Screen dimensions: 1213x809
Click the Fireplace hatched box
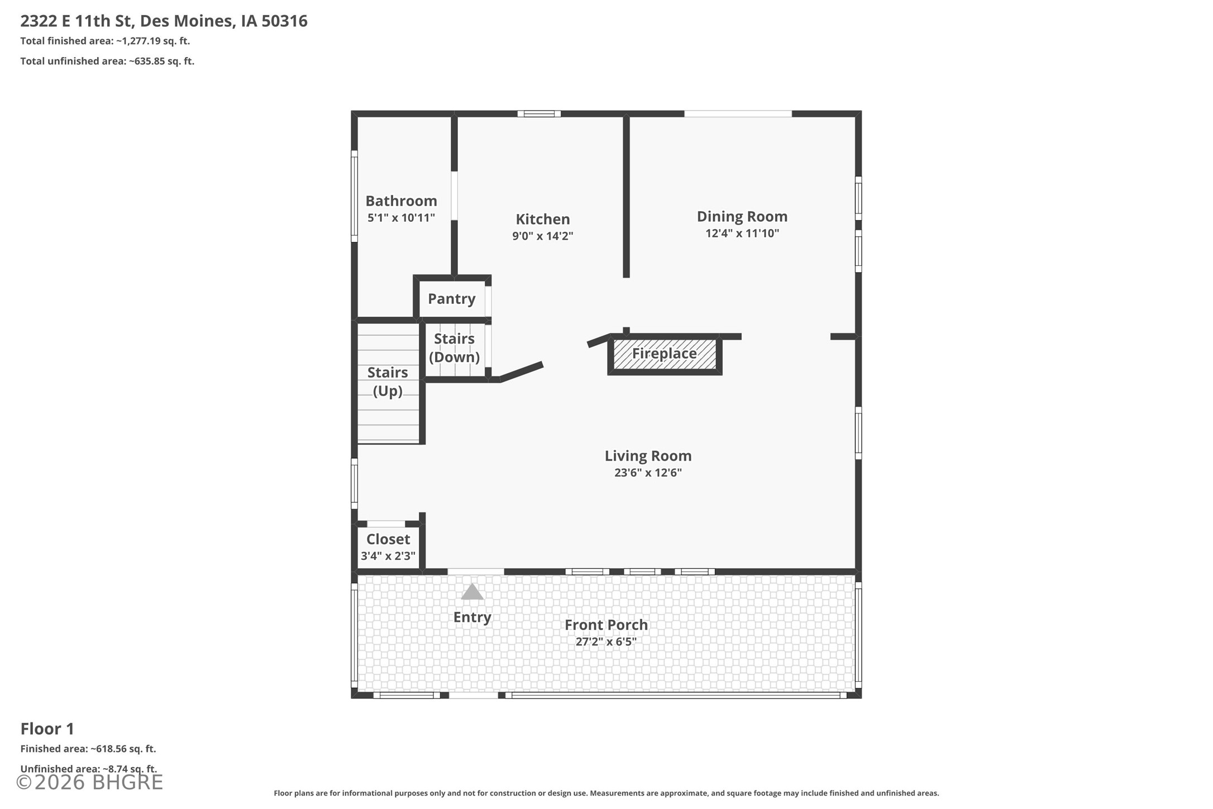pyautogui.click(x=665, y=354)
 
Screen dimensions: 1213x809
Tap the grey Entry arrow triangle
pyautogui.click(x=472, y=592)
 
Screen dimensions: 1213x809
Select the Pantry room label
pyautogui.click(x=452, y=299)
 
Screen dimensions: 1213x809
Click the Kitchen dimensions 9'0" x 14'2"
pyautogui.click(x=543, y=236)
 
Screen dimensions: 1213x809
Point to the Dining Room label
pyautogui.click(x=742, y=216)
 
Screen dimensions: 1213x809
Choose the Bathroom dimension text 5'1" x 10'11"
pyautogui.click(x=401, y=218)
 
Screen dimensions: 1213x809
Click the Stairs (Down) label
pyautogui.click(x=455, y=348)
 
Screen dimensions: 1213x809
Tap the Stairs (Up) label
pyautogui.click(x=388, y=381)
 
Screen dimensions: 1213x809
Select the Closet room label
pyautogui.click(x=388, y=539)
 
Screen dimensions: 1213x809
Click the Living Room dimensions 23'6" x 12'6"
pyautogui.click(x=648, y=473)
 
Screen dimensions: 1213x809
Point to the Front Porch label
pyautogui.click(x=606, y=625)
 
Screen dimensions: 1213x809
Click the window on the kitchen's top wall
pyautogui.click(x=539, y=114)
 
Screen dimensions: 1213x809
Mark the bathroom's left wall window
pyautogui.click(x=354, y=196)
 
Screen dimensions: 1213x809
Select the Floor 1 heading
pyautogui.click(x=47, y=729)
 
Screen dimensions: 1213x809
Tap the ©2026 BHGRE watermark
pyautogui.click(x=89, y=782)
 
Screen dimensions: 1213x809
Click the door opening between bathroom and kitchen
pyautogui.click(x=454, y=196)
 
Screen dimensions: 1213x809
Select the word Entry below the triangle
pyautogui.click(x=472, y=617)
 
